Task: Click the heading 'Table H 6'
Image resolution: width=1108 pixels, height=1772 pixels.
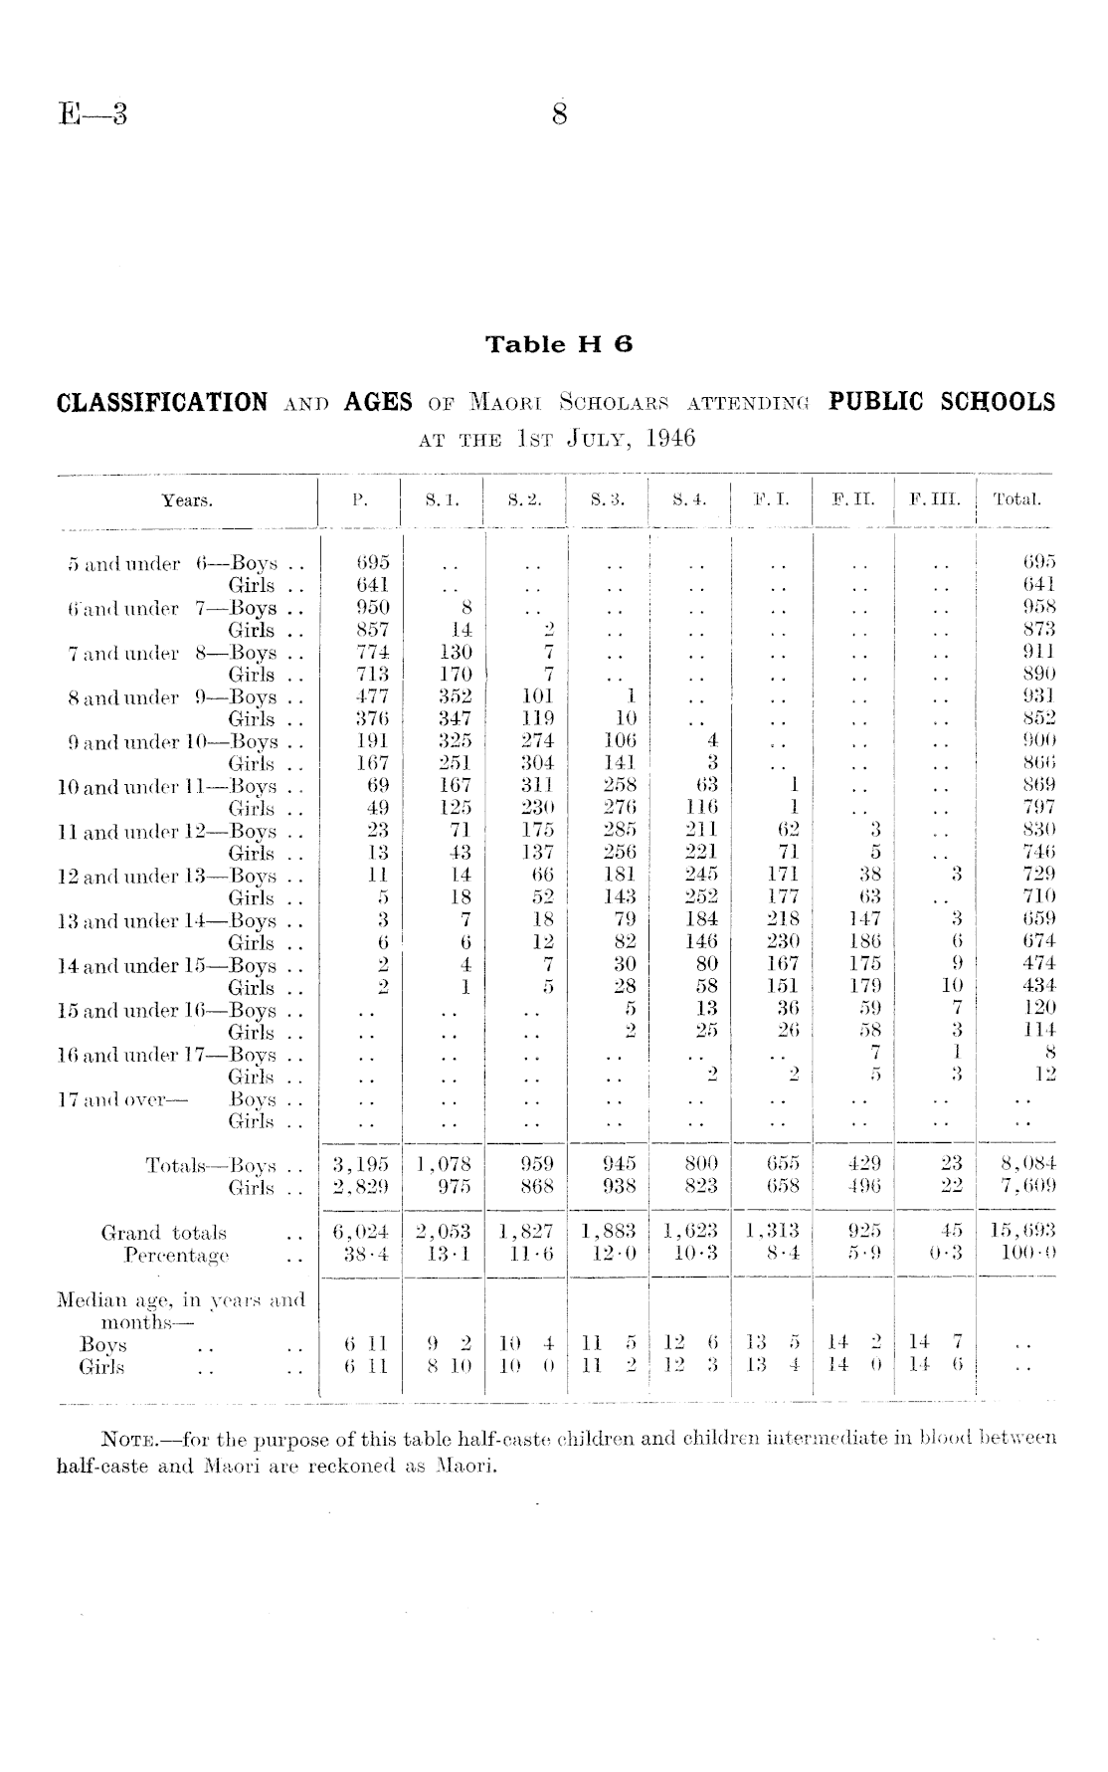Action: tap(559, 345)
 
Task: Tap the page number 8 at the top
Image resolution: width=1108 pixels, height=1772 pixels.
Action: tap(559, 115)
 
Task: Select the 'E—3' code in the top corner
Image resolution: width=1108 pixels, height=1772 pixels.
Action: tap(92, 115)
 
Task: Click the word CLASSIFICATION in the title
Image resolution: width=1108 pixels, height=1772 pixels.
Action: tap(162, 403)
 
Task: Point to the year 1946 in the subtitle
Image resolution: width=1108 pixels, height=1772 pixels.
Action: tap(670, 439)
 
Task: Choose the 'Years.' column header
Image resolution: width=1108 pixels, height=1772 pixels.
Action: tap(187, 500)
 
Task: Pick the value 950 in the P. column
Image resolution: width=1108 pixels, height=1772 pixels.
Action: tap(373, 608)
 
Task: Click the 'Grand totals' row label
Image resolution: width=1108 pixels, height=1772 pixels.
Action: tap(164, 1233)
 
